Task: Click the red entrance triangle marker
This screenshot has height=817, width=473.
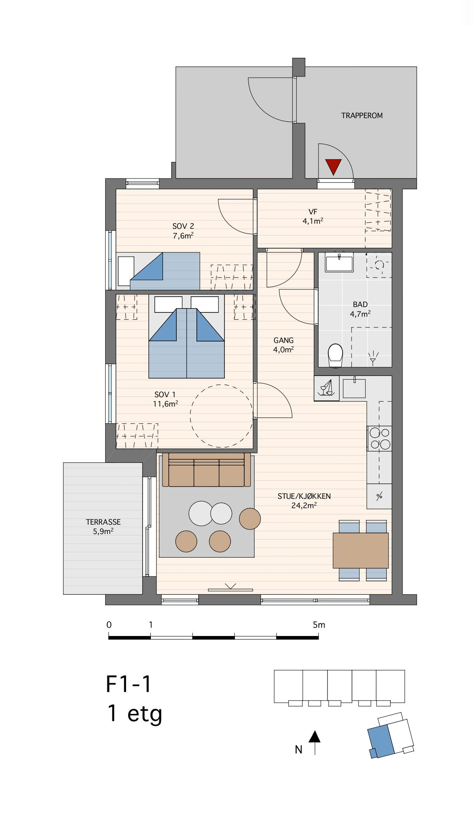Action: [333, 167]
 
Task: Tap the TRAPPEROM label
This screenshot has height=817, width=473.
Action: [362, 116]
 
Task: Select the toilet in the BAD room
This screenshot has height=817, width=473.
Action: [335, 356]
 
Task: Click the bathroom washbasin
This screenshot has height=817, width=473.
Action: [339, 262]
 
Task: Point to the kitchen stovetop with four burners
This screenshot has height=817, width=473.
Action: [379, 438]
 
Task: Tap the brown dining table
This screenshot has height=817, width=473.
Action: [361, 551]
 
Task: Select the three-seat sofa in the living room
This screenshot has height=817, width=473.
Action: [207, 470]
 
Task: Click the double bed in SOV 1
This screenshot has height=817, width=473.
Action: [187, 336]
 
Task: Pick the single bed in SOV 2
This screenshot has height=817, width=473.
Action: [158, 271]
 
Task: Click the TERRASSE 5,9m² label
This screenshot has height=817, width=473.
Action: [103, 526]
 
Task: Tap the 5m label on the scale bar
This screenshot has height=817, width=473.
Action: [319, 625]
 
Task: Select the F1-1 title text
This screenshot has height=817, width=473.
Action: [129, 684]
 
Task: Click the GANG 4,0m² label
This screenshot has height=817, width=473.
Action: [283, 345]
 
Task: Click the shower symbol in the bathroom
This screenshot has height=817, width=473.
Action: [373, 357]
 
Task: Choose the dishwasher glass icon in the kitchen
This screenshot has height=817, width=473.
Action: [326, 388]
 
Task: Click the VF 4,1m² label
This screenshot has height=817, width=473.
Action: [313, 217]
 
